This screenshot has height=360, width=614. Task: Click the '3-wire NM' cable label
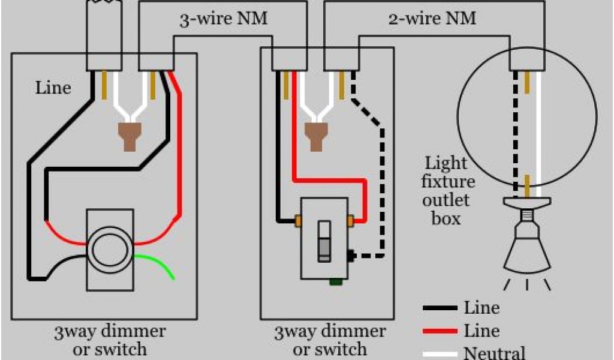[224, 19]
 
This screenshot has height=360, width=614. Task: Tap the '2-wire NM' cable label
[432, 19]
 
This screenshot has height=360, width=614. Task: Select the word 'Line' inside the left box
[53, 88]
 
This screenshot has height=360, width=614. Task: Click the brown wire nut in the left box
[130, 137]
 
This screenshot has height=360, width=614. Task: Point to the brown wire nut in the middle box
[317, 137]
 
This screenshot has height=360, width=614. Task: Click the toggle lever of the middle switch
[324, 241]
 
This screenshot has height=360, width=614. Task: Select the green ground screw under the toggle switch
[336, 281]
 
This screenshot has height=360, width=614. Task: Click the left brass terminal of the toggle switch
[298, 221]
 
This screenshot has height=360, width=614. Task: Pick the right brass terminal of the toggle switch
[350, 221]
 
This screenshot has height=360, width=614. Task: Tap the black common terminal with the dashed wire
[351, 256]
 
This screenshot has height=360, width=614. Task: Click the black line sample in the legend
[440, 308]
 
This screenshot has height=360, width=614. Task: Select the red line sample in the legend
[440, 331]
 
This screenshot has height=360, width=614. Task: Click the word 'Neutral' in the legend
[494, 353]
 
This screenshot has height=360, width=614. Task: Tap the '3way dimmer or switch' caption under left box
[110, 340]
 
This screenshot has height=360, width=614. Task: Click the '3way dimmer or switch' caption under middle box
[330, 340]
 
